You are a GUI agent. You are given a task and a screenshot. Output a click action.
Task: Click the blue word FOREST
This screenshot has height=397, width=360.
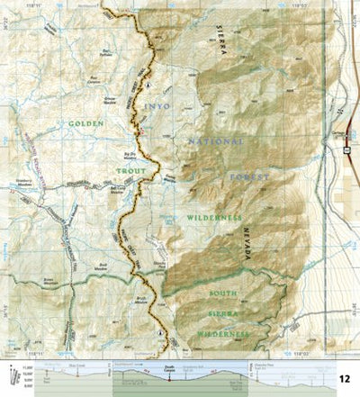tap(247, 179)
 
